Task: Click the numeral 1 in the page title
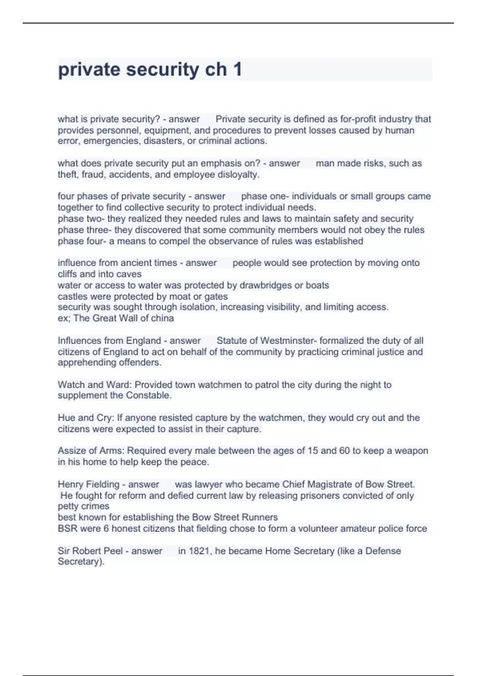point(237,69)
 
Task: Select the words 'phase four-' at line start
point(80,241)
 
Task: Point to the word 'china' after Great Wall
point(162,318)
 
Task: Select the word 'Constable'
point(149,395)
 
